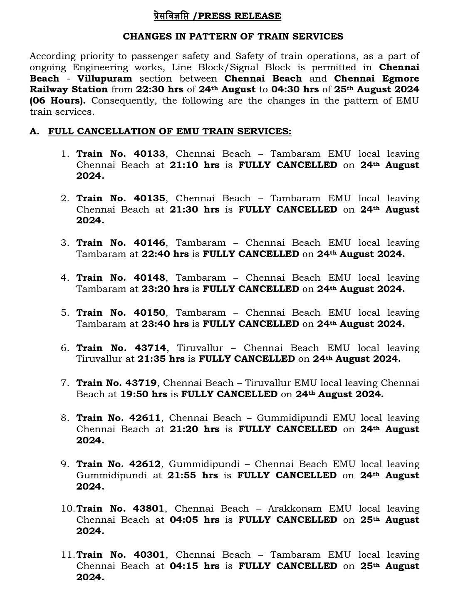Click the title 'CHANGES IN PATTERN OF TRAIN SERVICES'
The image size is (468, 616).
pos(233,37)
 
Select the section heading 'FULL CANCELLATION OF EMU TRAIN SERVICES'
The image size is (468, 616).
pos(170,131)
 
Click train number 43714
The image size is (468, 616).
pos(150,348)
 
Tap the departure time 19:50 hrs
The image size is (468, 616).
pos(144,394)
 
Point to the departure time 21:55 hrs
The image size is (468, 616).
pos(193,475)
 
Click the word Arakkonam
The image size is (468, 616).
pos(295,509)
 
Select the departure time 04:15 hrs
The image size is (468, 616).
pos(194,566)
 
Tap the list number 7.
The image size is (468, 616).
pos(65,383)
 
